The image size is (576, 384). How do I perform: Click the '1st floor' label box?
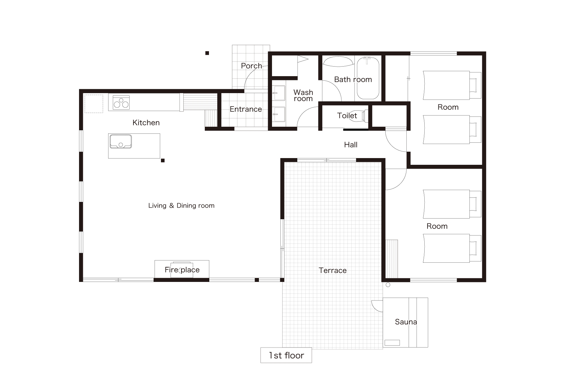(x=286, y=355)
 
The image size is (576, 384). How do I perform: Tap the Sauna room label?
(x=406, y=322)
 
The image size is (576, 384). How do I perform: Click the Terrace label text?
(x=333, y=270)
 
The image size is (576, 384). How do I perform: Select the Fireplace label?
(x=182, y=270)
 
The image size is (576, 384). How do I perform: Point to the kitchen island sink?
(x=121, y=141)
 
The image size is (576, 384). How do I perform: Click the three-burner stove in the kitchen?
(x=121, y=102)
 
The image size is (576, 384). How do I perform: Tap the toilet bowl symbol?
(x=364, y=116)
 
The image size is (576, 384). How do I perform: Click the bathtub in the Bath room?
(x=368, y=78)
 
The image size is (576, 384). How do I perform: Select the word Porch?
(x=252, y=66)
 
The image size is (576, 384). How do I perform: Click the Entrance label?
(x=246, y=109)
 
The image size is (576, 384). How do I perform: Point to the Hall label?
(x=351, y=145)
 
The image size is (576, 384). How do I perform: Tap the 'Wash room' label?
(x=303, y=95)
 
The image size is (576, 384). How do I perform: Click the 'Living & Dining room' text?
(x=181, y=205)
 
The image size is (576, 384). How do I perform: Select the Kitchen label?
(x=146, y=123)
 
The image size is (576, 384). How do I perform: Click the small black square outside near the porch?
(x=207, y=53)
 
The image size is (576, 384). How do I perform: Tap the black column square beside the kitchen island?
(x=163, y=161)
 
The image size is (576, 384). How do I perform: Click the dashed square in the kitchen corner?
(x=94, y=104)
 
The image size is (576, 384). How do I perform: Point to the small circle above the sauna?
(x=388, y=285)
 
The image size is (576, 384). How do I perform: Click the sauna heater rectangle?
(x=392, y=343)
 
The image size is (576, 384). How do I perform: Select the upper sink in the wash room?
(x=279, y=93)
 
